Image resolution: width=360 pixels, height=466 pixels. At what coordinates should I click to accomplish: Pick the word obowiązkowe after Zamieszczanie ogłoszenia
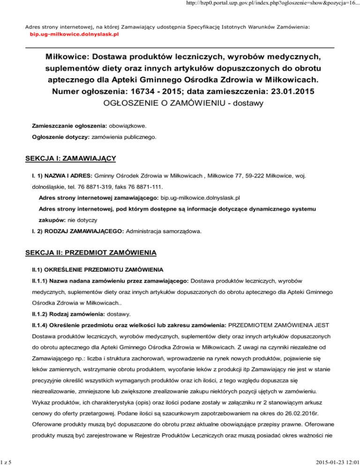coord(127,127)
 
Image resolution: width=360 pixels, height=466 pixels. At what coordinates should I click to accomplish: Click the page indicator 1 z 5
coord(7,460)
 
